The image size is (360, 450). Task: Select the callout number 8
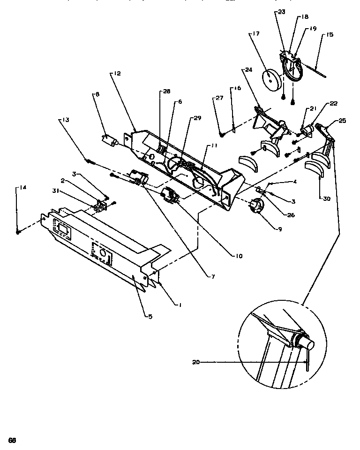click(97, 94)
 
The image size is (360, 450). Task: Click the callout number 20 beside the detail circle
click(195, 362)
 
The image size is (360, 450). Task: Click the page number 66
click(12, 440)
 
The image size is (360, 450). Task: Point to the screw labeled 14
click(18, 232)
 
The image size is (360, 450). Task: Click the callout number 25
click(342, 121)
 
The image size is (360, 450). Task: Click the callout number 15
click(330, 35)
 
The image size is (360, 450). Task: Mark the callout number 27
click(219, 99)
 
